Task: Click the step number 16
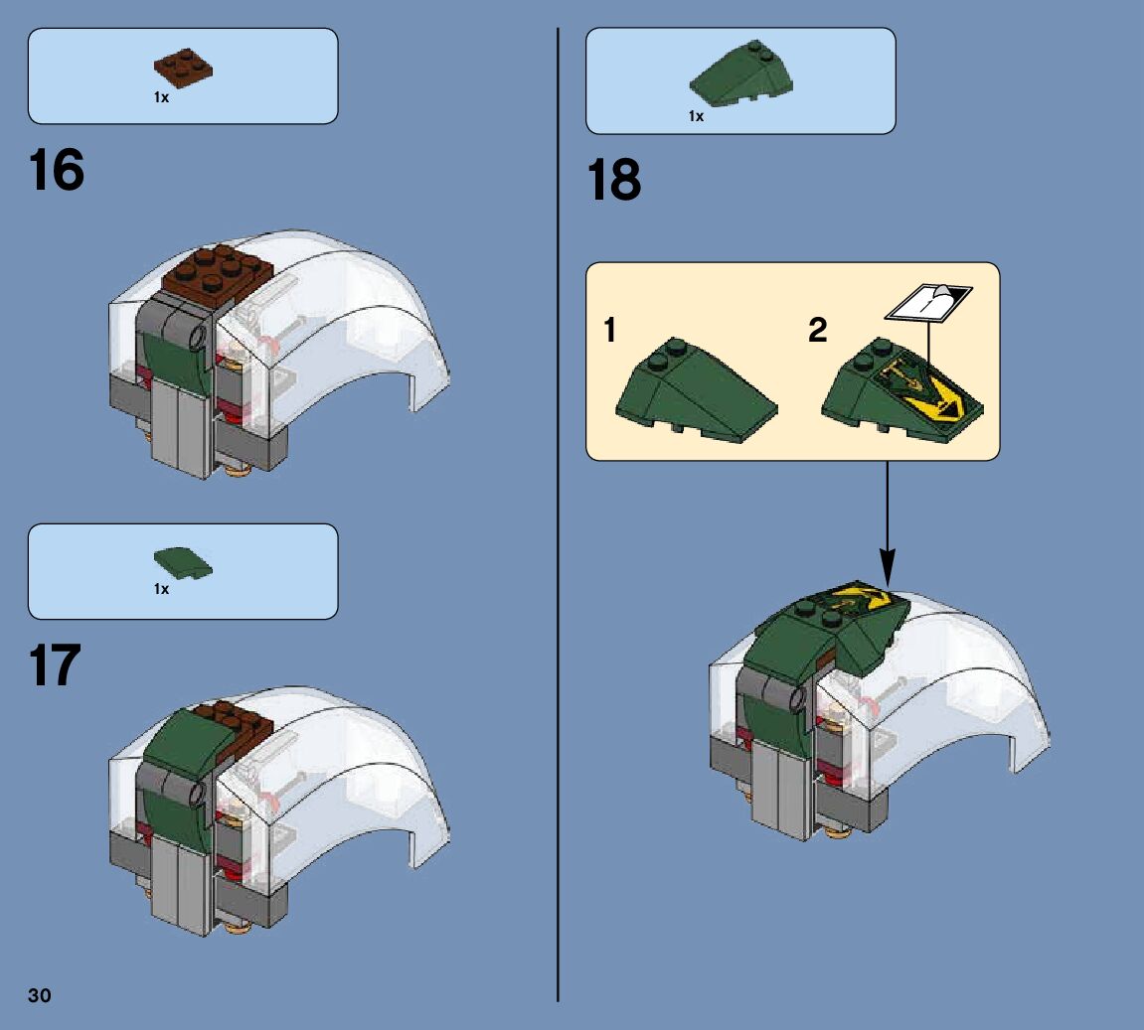[x=57, y=170]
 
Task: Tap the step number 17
[x=55, y=665]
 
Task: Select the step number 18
[x=614, y=180]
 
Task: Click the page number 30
[x=40, y=996]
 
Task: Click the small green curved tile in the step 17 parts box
[x=183, y=563]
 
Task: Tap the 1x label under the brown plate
[x=161, y=97]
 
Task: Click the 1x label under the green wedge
[x=696, y=116]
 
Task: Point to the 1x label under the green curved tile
[x=161, y=589]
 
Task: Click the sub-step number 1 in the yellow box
[x=610, y=330]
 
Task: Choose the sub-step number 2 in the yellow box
[x=818, y=330]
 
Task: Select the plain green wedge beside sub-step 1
[x=696, y=390]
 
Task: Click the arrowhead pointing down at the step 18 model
[x=888, y=567]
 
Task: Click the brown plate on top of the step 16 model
[x=218, y=269]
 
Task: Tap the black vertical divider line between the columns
[x=559, y=515]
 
